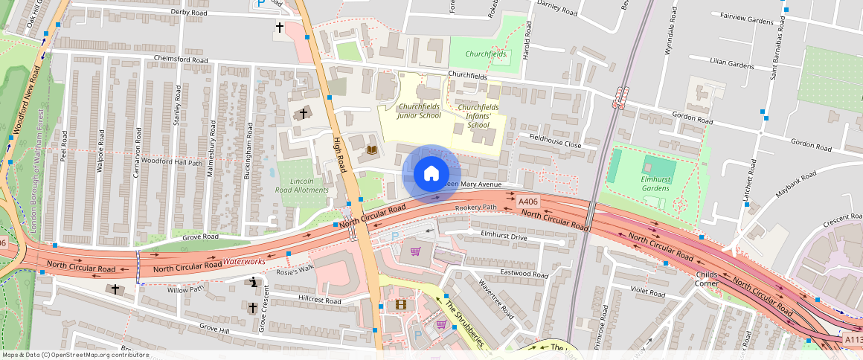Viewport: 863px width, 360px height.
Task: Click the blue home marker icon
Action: click(x=431, y=174)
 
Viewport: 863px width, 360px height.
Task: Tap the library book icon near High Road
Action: click(x=372, y=150)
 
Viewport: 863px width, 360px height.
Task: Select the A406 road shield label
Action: click(x=527, y=202)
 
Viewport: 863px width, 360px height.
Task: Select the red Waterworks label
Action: click(x=244, y=262)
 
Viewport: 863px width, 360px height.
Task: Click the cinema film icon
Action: click(x=402, y=303)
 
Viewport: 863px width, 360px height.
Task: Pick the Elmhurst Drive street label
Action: click(x=504, y=236)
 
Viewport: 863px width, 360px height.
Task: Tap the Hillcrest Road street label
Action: click(x=319, y=301)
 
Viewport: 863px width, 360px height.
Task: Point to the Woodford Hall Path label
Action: click(x=172, y=161)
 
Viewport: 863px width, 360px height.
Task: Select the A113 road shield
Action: click(x=853, y=339)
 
